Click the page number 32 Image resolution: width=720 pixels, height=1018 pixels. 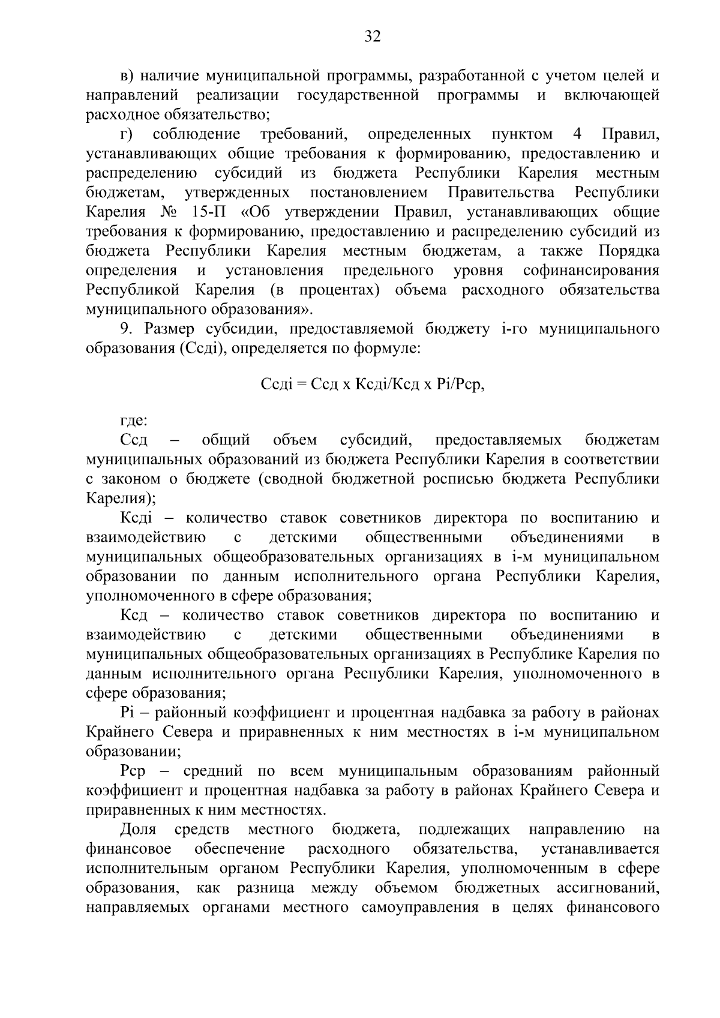[x=372, y=37]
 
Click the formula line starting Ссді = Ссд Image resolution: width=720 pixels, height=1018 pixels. [x=372, y=385]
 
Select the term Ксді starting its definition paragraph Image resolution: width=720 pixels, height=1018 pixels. [x=136, y=518]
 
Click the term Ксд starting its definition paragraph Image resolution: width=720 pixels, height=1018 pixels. [x=134, y=615]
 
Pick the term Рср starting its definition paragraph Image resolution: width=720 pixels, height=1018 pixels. [x=133, y=771]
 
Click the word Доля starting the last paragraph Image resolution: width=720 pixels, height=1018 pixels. [x=138, y=830]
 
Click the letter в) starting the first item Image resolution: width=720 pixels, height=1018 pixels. [x=127, y=76]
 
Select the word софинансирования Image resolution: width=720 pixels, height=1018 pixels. [x=591, y=271]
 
